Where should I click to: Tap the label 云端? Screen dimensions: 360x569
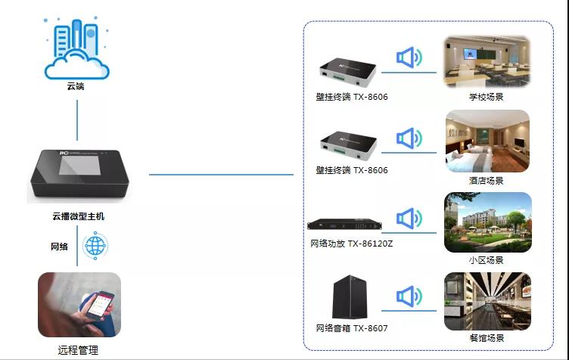tap(76, 86)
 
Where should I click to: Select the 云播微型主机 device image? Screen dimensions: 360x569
tap(78, 175)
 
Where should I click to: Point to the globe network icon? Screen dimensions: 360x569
tap(95, 245)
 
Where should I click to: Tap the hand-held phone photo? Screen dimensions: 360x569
tap(79, 306)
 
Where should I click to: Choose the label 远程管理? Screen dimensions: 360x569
tap(78, 350)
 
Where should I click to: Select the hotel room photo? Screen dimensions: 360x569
tap(487, 141)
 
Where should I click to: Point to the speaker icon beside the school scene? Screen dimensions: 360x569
tap(409, 57)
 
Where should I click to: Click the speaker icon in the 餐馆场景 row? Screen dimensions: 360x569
tap(409, 296)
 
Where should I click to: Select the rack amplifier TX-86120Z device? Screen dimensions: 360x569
tap(351, 224)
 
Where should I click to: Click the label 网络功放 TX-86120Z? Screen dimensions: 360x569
tap(352, 244)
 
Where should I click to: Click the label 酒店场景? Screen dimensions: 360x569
tap(486, 181)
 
